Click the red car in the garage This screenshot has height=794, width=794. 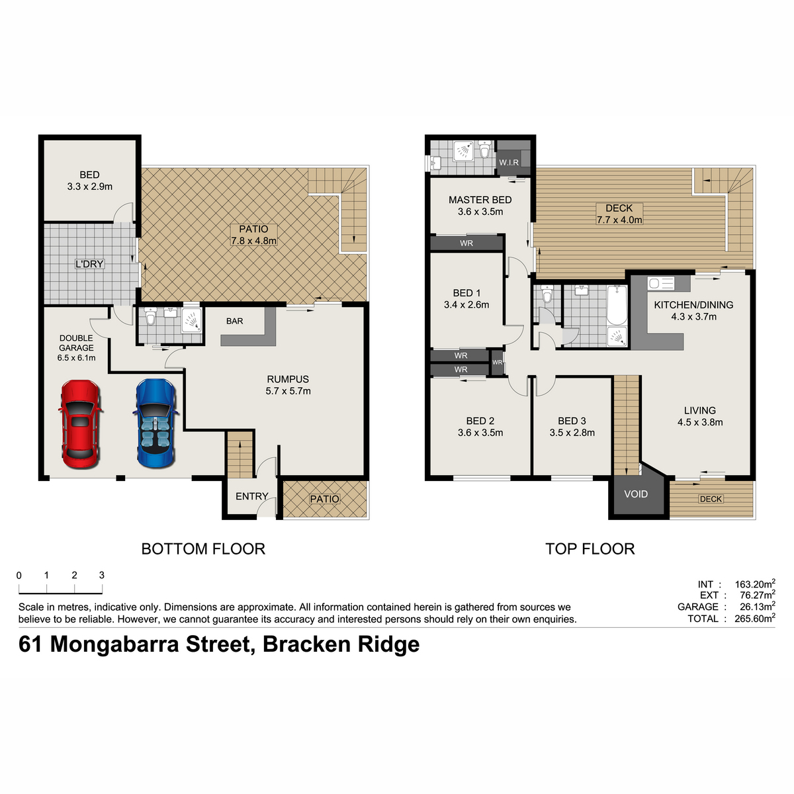tap(81, 424)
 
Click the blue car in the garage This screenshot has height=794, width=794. tap(155, 423)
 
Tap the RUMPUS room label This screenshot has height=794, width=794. tap(288, 379)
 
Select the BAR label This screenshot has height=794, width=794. tap(234, 321)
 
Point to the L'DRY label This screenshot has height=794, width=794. tap(89, 264)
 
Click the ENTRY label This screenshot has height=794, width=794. tap(251, 496)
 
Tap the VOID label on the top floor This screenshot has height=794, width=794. tap(636, 494)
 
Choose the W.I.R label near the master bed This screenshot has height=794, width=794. tap(509, 162)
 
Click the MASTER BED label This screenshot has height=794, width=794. tap(480, 200)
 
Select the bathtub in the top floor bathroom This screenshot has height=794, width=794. tap(617, 305)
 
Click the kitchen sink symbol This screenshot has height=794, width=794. tap(660, 283)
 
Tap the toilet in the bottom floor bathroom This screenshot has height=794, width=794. tap(150, 316)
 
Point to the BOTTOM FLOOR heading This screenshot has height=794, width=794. tap(203, 549)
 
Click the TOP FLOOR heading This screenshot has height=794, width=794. tap(590, 549)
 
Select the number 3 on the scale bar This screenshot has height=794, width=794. tap(102, 575)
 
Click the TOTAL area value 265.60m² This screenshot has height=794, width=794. tap(755, 618)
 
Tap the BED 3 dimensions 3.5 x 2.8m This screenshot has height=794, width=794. tap(572, 433)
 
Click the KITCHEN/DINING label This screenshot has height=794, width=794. tap(693, 305)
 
